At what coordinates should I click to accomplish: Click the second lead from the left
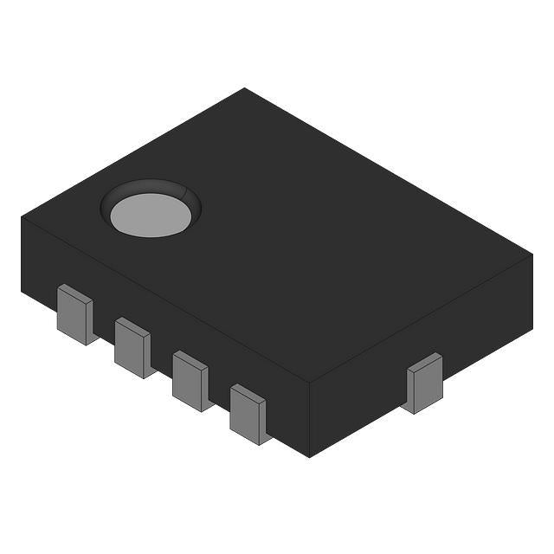click(132, 347)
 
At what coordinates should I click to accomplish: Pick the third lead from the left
click(190, 380)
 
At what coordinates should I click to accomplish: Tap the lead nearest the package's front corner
click(248, 413)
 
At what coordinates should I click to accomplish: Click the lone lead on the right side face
click(425, 385)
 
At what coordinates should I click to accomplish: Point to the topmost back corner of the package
click(245, 88)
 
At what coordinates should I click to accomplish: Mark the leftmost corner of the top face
click(22, 217)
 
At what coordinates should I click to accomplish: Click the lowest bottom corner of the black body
click(309, 456)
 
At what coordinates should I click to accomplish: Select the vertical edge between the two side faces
click(309, 420)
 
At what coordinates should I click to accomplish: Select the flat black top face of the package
click(303, 242)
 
